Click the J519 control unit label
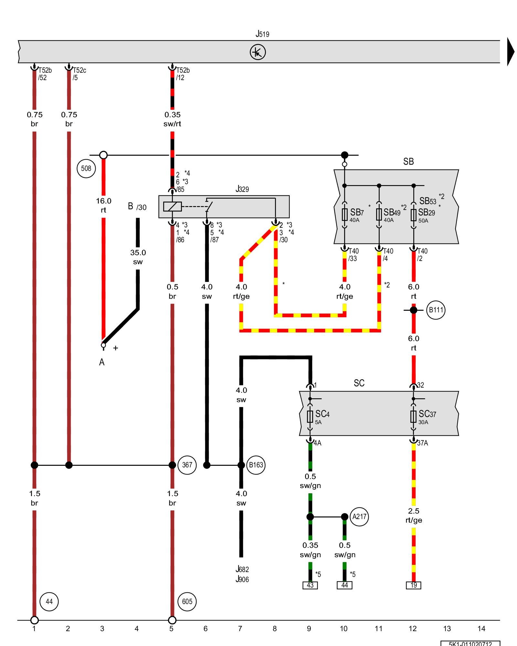(x=262, y=34)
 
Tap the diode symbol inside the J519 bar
(x=258, y=52)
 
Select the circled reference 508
(x=86, y=168)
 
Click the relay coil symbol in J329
(x=172, y=206)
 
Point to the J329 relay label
(x=242, y=189)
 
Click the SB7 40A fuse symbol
(x=344, y=214)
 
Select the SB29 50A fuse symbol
(x=413, y=215)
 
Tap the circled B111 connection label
(x=436, y=310)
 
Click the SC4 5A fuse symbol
(x=310, y=417)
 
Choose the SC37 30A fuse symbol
(x=413, y=416)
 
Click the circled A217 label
(x=359, y=517)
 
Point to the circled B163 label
(x=256, y=465)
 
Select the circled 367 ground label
(x=187, y=465)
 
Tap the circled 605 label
(x=187, y=601)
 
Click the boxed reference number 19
(x=414, y=585)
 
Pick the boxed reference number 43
(x=310, y=585)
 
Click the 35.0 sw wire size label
(x=138, y=257)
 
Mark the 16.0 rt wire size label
(x=103, y=205)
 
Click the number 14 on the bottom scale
(x=481, y=629)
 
